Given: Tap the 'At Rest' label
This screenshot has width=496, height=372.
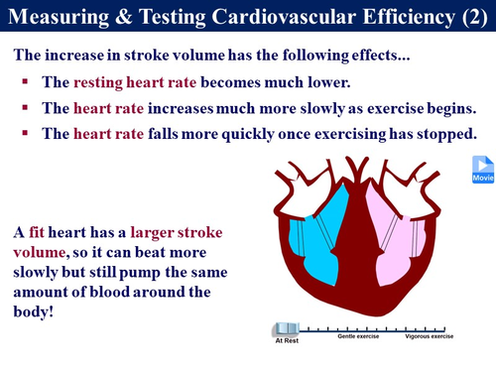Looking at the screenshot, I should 286,340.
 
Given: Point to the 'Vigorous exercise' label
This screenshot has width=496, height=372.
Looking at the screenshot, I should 429,337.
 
